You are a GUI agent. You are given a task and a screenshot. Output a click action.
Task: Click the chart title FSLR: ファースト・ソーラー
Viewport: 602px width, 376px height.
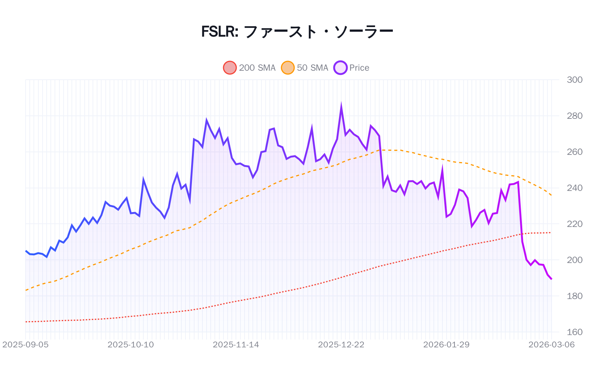[297, 32]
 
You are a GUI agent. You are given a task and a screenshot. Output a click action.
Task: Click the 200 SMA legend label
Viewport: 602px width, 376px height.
[257, 68]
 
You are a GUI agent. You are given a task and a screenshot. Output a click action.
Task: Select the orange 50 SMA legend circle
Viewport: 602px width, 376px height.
[288, 68]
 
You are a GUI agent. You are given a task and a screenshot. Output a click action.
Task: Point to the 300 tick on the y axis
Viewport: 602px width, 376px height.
[575, 80]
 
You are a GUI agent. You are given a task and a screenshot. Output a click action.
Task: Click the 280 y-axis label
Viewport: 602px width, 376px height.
[575, 116]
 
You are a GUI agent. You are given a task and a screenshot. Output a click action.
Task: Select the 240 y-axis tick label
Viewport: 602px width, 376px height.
[575, 188]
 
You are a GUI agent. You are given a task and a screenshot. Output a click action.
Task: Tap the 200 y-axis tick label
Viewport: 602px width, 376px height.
[575, 260]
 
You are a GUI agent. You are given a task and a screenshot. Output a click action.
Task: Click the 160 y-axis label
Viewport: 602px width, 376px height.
[575, 332]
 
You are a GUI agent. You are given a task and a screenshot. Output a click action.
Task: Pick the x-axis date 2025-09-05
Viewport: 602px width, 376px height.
[26, 344]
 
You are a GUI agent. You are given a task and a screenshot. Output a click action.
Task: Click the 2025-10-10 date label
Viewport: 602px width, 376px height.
[131, 344]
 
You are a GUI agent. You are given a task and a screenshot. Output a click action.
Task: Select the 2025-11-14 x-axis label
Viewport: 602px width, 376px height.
[236, 344]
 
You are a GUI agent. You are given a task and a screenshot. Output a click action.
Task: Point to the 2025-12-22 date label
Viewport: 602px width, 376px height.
[341, 344]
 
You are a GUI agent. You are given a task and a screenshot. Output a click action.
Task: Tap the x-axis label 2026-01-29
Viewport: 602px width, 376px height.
[446, 344]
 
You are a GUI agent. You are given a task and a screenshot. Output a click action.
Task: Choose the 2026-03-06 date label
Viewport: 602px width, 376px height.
[551, 344]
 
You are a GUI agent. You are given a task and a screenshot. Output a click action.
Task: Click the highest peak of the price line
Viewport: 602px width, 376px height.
[341, 106]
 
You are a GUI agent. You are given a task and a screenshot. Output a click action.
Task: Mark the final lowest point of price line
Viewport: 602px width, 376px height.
[552, 279]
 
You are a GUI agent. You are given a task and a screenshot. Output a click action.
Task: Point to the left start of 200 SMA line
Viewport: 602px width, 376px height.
[26, 322]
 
